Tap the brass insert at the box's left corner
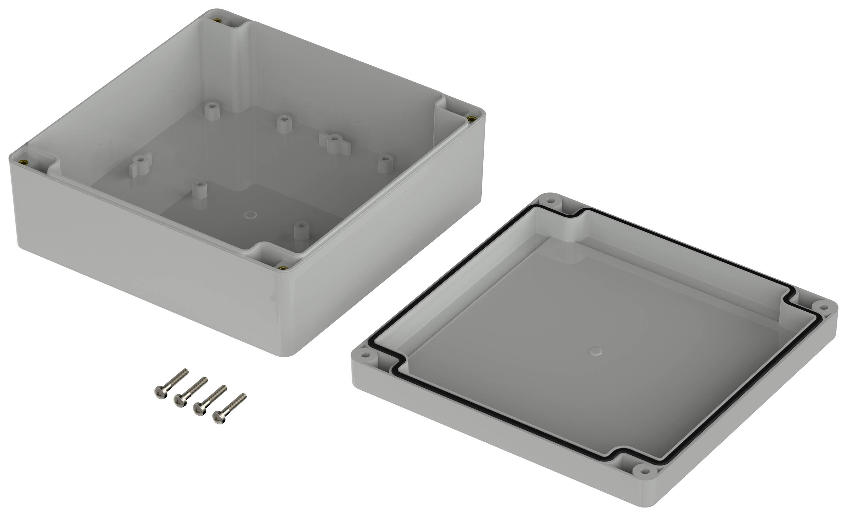click(24, 163)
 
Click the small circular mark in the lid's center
click(595, 351)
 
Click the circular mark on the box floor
click(250, 215)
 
